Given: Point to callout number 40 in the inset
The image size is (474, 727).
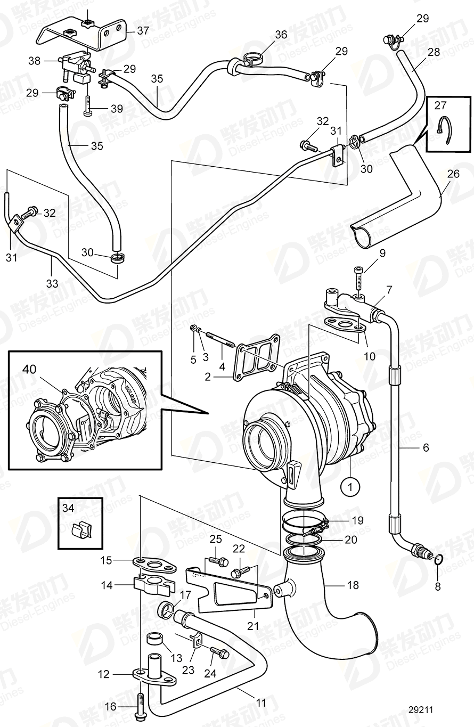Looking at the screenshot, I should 29,368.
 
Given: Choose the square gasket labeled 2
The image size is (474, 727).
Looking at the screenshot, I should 259,363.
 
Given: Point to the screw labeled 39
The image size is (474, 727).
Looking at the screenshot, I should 88,104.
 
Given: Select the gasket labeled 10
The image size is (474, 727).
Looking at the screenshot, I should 344,324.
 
